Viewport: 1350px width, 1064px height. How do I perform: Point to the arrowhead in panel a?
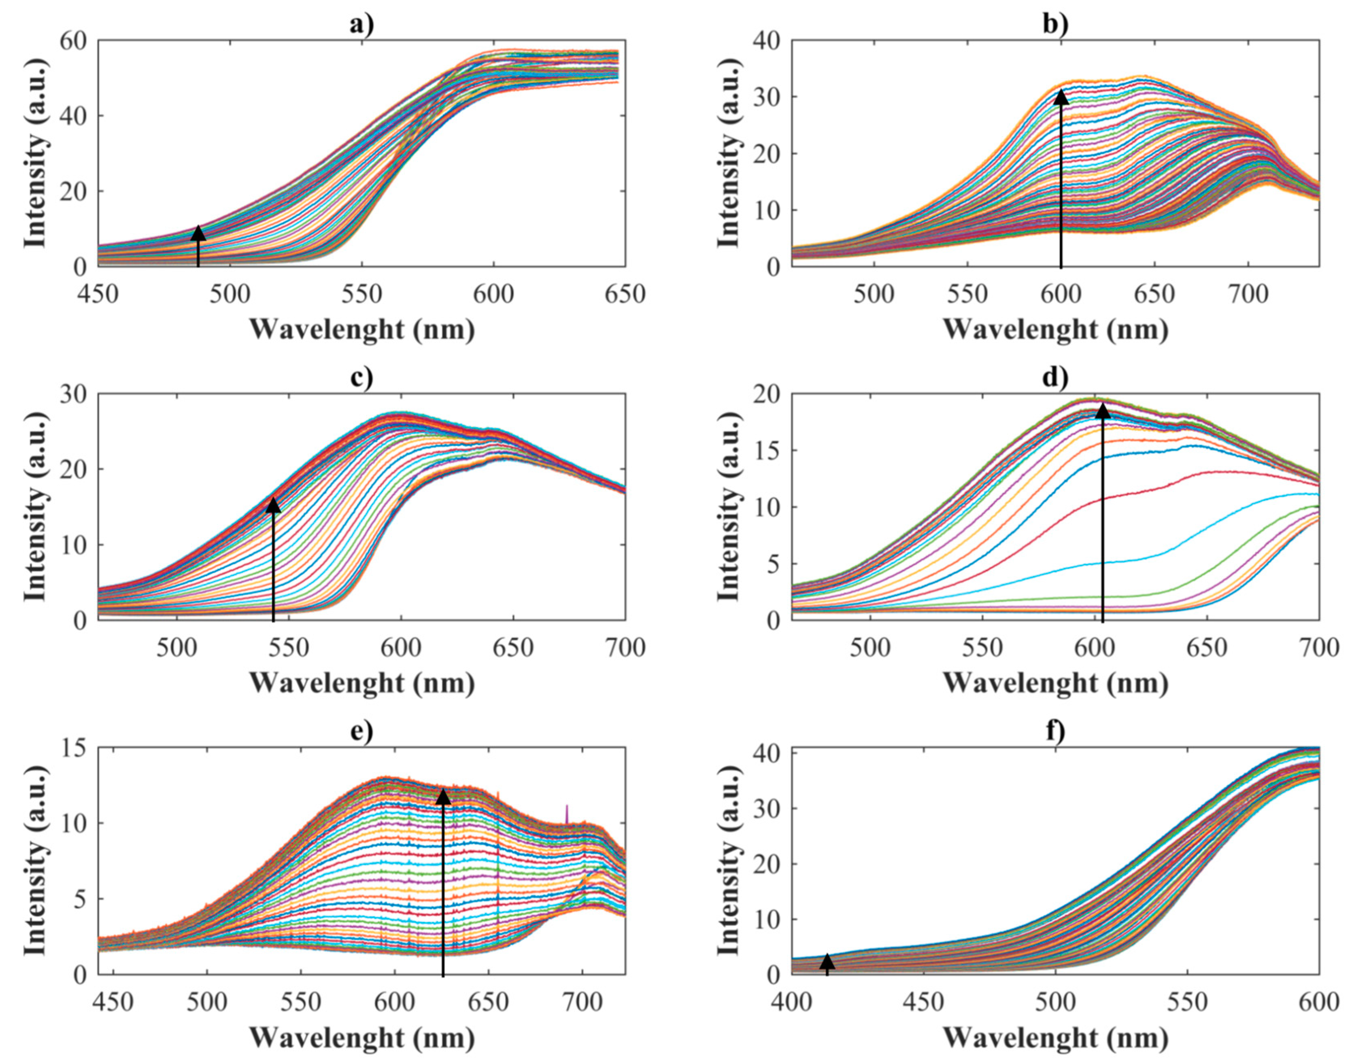pos(198,233)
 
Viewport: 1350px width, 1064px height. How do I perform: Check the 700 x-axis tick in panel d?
pos(1319,647)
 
